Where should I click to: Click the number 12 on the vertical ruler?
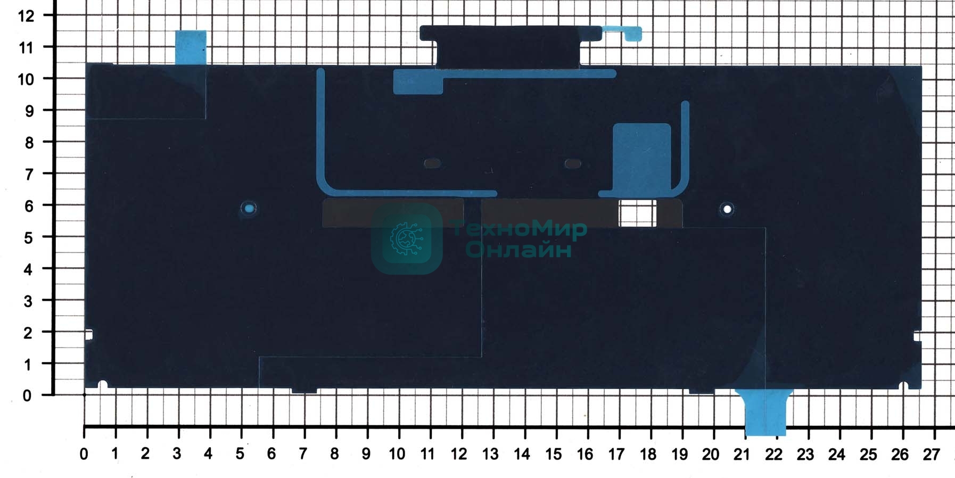click(26, 16)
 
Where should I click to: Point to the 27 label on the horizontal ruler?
click(931, 455)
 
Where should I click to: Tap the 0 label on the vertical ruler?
click(27, 395)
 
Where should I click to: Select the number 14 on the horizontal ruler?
click(522, 455)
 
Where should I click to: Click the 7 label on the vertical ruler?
click(29, 174)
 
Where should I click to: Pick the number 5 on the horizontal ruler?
click(240, 454)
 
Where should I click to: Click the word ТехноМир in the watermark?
click(519, 229)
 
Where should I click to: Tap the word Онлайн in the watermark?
click(519, 249)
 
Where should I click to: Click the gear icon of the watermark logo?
click(407, 238)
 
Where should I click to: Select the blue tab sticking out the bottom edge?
click(765, 413)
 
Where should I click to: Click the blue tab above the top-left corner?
click(191, 47)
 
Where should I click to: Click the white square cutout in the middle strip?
click(637, 213)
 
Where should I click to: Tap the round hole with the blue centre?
click(249, 208)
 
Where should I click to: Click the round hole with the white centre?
click(727, 209)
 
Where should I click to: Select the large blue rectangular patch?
click(641, 157)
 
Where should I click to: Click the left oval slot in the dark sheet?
click(432, 163)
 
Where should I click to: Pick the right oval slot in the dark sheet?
click(573, 163)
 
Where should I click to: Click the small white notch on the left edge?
click(89, 335)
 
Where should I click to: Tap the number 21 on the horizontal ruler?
click(742, 455)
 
